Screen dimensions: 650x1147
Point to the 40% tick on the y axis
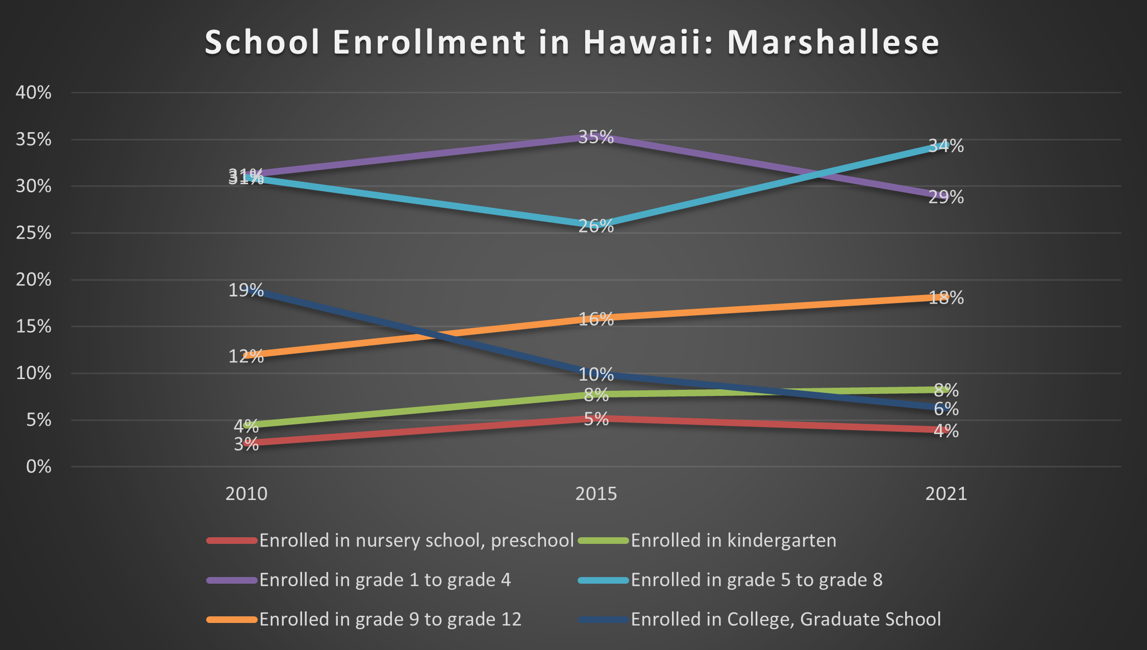point(34,93)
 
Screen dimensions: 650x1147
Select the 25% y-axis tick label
point(34,233)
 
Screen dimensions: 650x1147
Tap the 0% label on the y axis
point(39,467)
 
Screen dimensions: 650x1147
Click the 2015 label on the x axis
point(596,494)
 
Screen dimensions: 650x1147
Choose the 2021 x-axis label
point(946,494)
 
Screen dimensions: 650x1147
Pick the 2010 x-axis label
point(246,494)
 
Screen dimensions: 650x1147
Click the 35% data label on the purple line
point(596,137)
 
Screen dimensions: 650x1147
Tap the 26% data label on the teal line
point(596,226)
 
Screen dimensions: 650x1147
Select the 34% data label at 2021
point(946,146)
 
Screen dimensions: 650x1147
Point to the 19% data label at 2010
point(246,290)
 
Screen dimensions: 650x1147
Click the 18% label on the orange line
point(946,298)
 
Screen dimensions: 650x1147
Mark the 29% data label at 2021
point(946,197)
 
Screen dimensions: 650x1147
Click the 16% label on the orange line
point(596,319)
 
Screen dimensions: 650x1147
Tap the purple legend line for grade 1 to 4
point(232,580)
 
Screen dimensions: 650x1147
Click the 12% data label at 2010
point(246,356)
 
